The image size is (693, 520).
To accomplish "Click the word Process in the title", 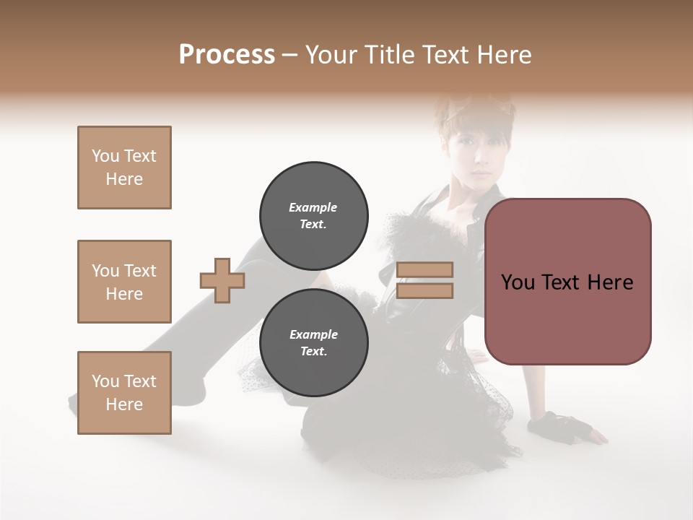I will coord(227,55).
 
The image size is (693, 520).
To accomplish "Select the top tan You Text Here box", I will coord(124,168).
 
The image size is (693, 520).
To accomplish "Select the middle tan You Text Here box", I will coord(124,282).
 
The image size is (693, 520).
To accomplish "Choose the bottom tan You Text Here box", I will coord(124,393).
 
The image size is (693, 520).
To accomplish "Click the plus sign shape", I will coord(222,280).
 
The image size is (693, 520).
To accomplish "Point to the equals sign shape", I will coord(424,280).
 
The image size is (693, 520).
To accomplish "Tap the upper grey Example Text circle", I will coord(313,216).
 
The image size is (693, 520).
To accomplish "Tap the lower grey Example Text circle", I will coord(313,343).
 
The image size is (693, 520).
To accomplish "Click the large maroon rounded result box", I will coord(567,282).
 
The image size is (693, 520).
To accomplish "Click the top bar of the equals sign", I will coord(424,269).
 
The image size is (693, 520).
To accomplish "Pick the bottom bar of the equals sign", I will coord(424,290).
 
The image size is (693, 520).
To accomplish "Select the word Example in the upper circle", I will coord(313,207).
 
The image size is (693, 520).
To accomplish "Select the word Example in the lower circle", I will coord(313,334).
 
